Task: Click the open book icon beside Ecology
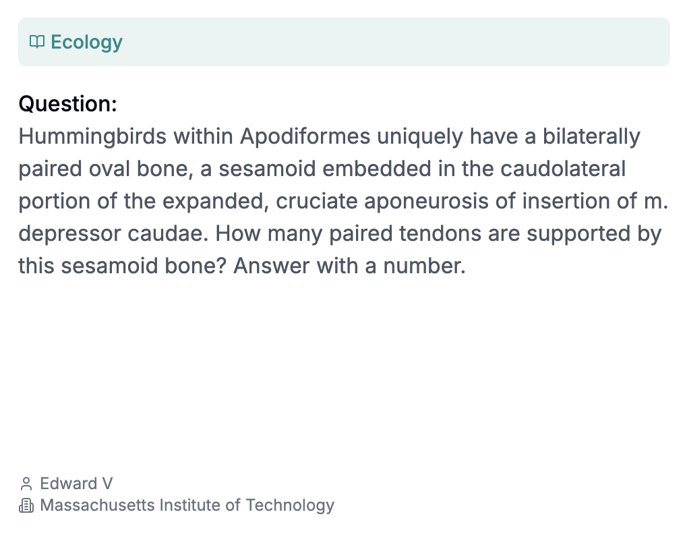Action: click(37, 42)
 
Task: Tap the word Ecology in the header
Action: click(86, 43)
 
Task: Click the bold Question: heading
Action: click(67, 104)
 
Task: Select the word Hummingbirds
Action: click(92, 137)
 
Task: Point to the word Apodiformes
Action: click(305, 136)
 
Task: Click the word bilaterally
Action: click(591, 137)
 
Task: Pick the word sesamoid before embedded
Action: click(267, 169)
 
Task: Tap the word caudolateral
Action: click(563, 169)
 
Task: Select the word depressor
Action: click(69, 234)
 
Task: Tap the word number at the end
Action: click(424, 266)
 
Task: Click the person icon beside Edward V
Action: click(26, 484)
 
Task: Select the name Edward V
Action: click(76, 484)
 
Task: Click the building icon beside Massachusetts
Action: click(26, 505)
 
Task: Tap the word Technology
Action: click(290, 506)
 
